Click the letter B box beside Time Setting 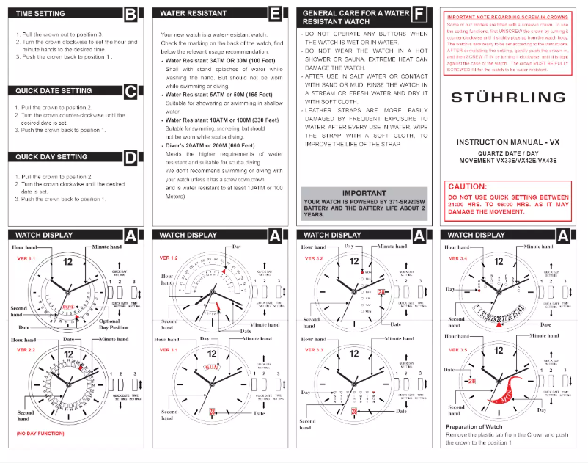(x=130, y=13)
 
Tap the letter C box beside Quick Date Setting (x=130, y=91)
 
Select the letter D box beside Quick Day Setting (x=130, y=156)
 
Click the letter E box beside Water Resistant (x=274, y=13)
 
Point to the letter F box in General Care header (x=419, y=14)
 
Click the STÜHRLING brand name (x=508, y=97)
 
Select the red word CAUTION (x=467, y=187)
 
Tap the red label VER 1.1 (x=26, y=259)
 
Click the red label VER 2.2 (x=26, y=350)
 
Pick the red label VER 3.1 (x=170, y=350)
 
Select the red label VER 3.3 (x=315, y=350)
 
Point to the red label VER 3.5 (x=458, y=350)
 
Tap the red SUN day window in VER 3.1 (x=212, y=367)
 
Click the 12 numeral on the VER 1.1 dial (x=67, y=262)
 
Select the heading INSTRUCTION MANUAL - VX (x=507, y=142)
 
